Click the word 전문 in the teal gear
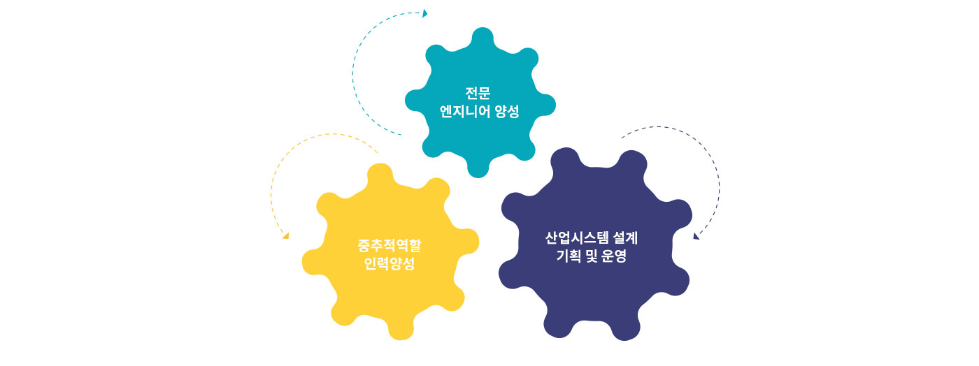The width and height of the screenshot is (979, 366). (478, 93)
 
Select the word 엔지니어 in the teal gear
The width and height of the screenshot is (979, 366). (464, 111)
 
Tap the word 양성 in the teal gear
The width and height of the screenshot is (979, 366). (507, 111)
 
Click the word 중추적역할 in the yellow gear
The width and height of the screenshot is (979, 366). (390, 245)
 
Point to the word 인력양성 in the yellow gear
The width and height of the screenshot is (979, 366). (390, 263)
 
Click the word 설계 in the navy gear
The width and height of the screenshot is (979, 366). (626, 238)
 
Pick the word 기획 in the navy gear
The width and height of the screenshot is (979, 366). (569, 256)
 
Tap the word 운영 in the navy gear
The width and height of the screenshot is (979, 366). (614, 256)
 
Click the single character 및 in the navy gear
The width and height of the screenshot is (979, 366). (592, 256)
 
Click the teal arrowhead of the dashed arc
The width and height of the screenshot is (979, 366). (425, 13)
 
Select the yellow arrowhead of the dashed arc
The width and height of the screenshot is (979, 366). (286, 236)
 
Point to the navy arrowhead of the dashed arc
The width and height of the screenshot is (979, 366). (696, 236)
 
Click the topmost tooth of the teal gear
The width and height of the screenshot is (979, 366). (483, 37)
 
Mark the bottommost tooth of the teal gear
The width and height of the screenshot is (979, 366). (478, 168)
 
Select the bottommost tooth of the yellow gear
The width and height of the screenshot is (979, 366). (401, 330)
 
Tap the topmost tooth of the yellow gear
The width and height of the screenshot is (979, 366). (380, 173)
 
